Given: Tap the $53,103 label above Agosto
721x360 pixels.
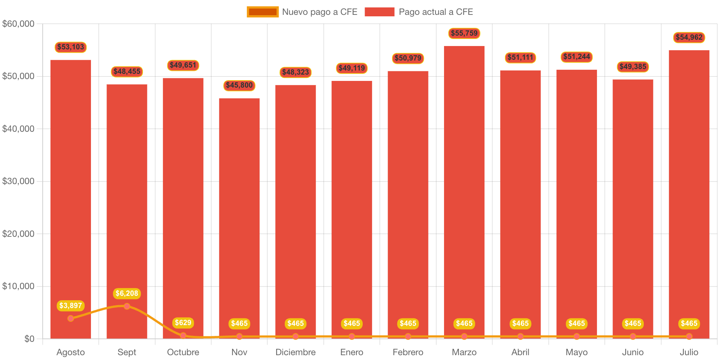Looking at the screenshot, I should click(71, 47).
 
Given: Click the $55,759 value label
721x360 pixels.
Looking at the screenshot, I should click(464, 33).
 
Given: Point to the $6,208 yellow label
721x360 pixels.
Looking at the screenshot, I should click(127, 294).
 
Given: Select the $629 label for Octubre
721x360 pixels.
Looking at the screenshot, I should click(183, 323).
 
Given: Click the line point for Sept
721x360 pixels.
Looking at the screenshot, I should click(127, 306).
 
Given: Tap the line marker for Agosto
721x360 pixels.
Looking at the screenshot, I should click(71, 318).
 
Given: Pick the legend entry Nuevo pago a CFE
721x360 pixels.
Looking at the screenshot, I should click(302, 12).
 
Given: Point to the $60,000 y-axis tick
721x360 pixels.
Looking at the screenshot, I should click(18, 24).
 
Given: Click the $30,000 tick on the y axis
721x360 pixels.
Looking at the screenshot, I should click(18, 181).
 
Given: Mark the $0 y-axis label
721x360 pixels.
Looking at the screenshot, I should click(29, 339).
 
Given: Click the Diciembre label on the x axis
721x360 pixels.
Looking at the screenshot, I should click(296, 352).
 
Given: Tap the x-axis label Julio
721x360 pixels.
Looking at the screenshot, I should click(689, 352).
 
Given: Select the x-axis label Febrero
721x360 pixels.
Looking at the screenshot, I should click(408, 352).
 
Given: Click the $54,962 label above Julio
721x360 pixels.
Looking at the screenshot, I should click(689, 37).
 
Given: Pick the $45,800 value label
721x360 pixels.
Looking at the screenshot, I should click(239, 85).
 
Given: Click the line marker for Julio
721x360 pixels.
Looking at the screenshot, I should click(689, 337).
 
